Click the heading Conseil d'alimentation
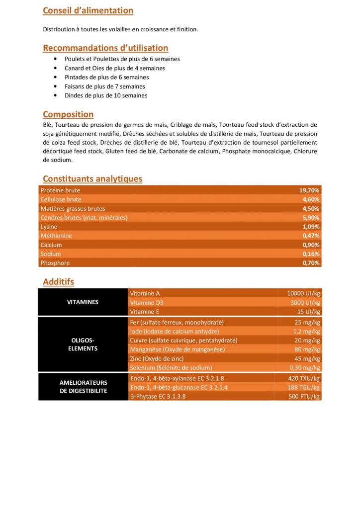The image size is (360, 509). click(88, 10)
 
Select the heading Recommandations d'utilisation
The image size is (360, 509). click(105, 48)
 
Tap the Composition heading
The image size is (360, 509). click(68, 115)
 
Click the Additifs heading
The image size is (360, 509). click(58, 282)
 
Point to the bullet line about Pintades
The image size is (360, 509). click(106, 77)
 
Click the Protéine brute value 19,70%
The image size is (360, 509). click(309, 190)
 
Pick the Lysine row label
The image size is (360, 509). click(49, 227)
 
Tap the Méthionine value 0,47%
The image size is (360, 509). click(311, 236)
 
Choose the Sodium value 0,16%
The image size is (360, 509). click(311, 254)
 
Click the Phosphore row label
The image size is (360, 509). click(55, 263)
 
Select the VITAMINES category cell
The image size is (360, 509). click(83, 302)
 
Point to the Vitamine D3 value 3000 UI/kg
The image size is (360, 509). click(305, 302)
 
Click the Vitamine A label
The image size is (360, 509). click(145, 293)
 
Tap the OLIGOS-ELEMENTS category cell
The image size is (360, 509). click(83, 344)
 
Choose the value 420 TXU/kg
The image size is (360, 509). click(304, 378)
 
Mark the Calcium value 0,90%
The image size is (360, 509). click(311, 245)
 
